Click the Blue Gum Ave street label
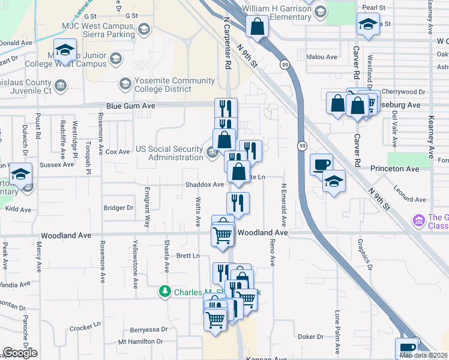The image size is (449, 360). pos(131,106)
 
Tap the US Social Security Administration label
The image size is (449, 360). pos(169,153)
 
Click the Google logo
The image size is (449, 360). pos(19,353)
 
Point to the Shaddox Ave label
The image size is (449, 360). pos(204,185)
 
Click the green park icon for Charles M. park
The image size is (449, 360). pos(165,292)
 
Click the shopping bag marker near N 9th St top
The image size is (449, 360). pos(257,27)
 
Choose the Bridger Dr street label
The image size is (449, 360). pos(118,208)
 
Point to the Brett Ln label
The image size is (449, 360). pos(187,256)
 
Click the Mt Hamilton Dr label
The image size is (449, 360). pos(140,341)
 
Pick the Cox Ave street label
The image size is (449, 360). pos(118,152)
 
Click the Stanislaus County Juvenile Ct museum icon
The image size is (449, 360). pos(60,86)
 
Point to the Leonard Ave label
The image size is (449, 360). pos(409,199)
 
